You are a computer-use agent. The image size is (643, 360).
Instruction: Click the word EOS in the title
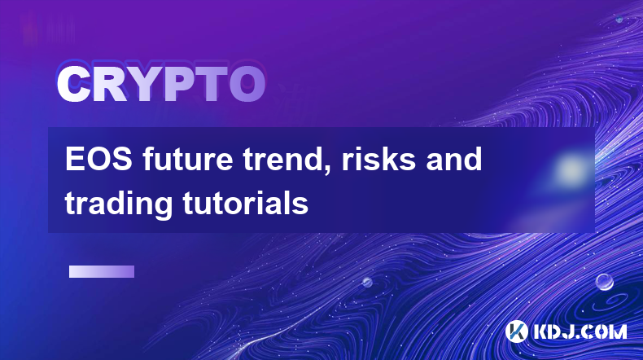pyautogui.click(x=98, y=160)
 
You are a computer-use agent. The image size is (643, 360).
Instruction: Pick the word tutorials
pyautogui.click(x=245, y=203)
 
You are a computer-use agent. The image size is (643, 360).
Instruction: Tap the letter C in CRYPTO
pyautogui.click(x=73, y=84)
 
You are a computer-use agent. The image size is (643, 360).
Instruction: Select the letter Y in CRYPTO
pyautogui.click(x=143, y=84)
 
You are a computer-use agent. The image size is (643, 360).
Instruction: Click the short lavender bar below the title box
pyautogui.click(x=102, y=272)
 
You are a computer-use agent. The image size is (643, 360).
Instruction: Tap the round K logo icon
pyautogui.click(x=516, y=331)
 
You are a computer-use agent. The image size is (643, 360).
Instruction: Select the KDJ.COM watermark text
pyautogui.click(x=580, y=331)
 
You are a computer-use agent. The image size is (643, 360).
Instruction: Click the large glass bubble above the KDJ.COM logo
pyautogui.click(x=605, y=282)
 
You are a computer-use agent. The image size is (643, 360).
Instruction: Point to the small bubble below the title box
pyautogui.click(x=367, y=283)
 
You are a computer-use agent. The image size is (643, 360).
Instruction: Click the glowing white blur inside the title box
pyautogui.click(x=571, y=169)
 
